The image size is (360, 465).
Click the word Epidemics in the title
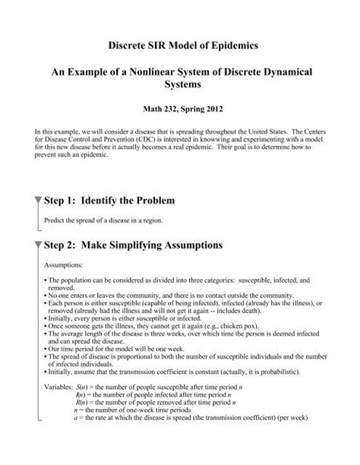point(232,46)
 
